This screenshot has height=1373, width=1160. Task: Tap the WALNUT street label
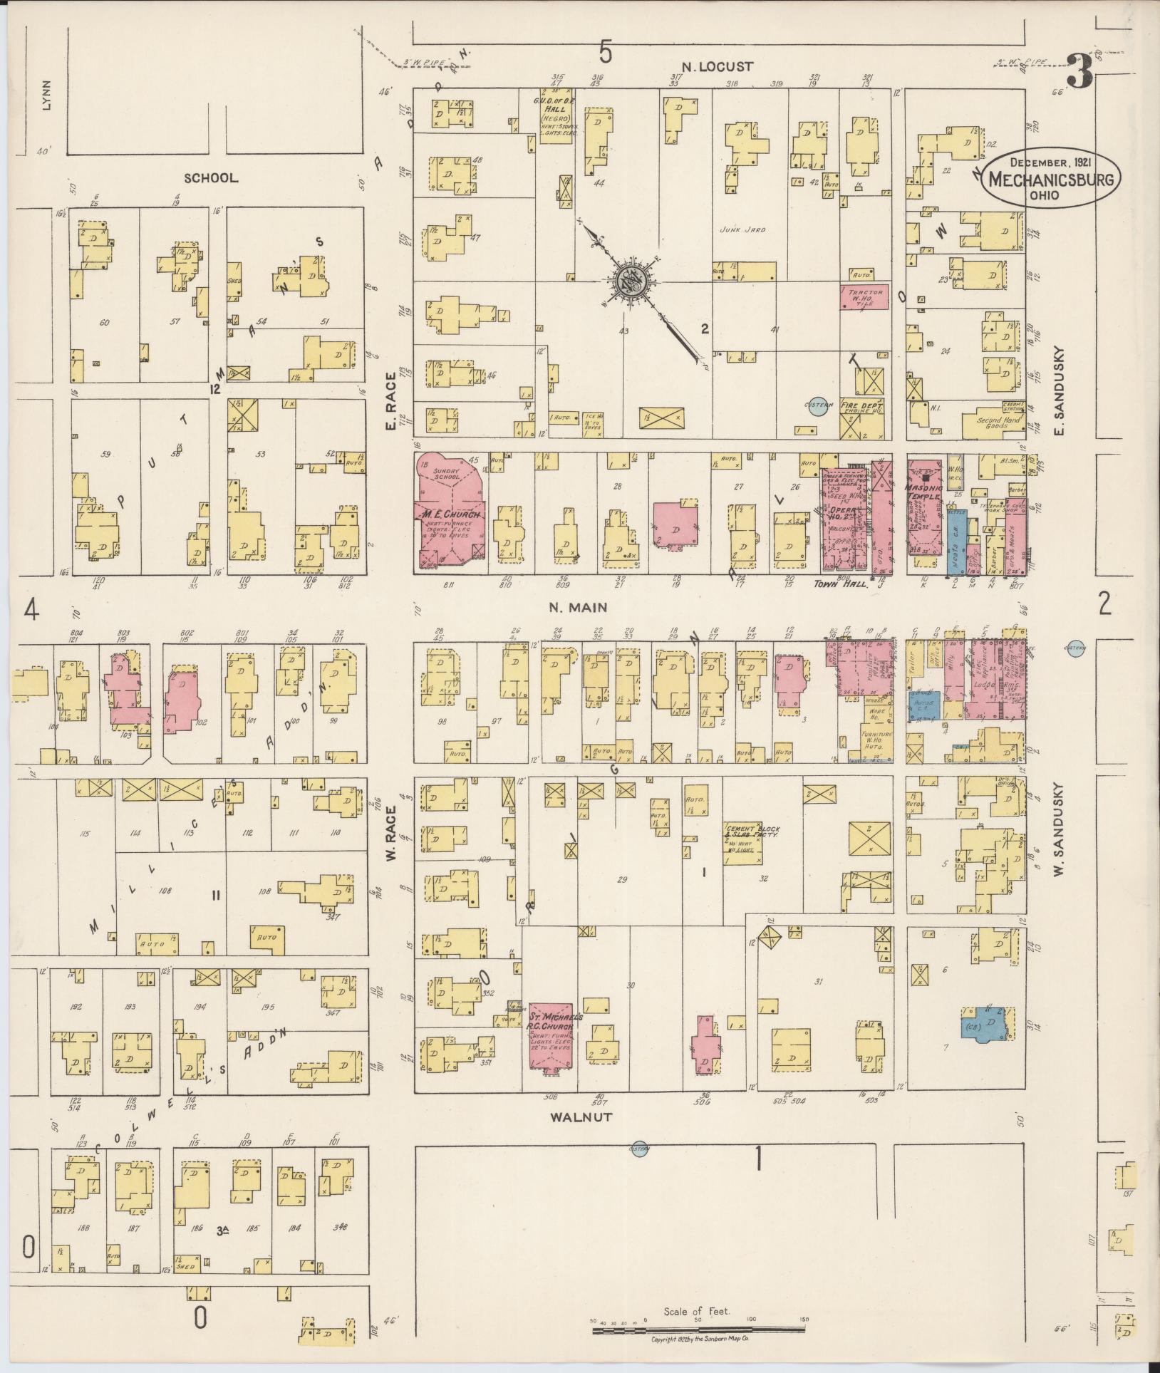pyautogui.click(x=581, y=1116)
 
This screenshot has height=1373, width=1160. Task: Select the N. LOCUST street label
pyautogui.click(x=717, y=67)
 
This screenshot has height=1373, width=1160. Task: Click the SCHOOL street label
pyautogui.click(x=211, y=178)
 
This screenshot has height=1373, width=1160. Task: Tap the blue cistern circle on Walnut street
pyautogui.click(x=638, y=1149)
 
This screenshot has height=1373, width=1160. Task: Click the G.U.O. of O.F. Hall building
pyautogui.click(x=556, y=115)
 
